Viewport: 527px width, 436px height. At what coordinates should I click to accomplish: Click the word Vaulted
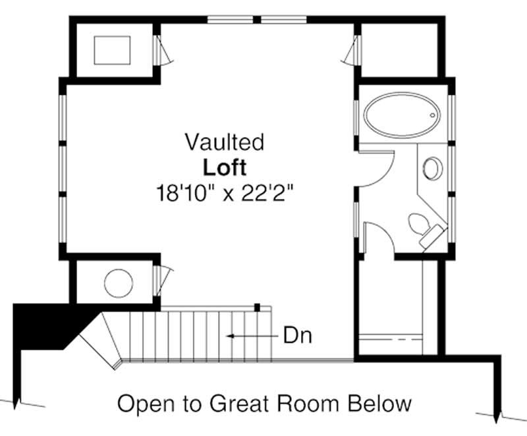pos(225,142)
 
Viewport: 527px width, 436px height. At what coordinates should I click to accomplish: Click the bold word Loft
pos(225,167)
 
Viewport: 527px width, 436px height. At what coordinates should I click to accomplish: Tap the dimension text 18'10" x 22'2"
pos(225,193)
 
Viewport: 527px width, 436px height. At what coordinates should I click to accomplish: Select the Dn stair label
pos(298,335)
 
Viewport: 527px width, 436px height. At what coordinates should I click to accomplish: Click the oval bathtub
pos(402,115)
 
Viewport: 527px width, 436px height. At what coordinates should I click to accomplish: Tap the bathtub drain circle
pos(433,115)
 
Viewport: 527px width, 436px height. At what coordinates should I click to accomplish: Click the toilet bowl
pos(418,224)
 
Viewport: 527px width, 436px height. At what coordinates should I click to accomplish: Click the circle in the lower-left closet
pos(119,283)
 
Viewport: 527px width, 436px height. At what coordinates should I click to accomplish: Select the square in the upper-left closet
pos(112,50)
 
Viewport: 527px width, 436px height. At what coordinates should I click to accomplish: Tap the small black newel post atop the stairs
pos(257,307)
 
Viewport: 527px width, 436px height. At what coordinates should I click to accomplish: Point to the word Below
pos(379,403)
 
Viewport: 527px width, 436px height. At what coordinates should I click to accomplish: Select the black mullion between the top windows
pos(257,20)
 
